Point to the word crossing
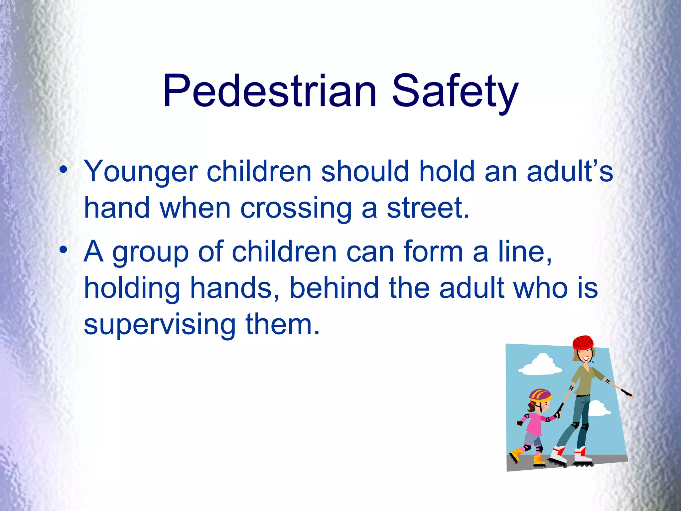[296, 208]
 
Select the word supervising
[160, 325]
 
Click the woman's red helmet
[583, 342]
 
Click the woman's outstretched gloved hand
[627, 393]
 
